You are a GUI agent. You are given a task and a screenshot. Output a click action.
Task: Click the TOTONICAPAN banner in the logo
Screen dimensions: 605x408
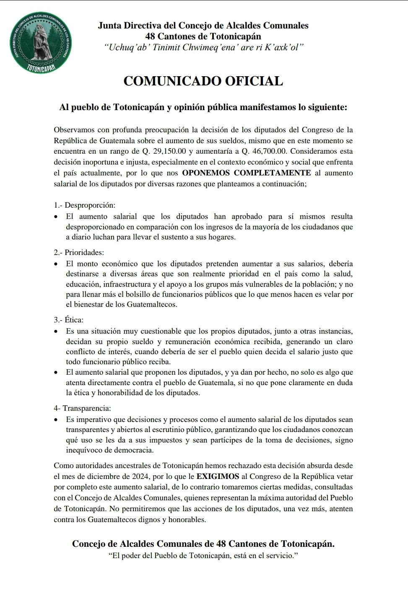41,67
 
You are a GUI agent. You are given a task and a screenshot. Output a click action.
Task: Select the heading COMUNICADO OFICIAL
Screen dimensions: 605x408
203,81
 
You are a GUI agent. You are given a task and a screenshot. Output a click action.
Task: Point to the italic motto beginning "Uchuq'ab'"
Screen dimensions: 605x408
203,47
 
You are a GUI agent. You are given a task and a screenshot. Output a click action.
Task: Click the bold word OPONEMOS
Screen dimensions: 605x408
206,173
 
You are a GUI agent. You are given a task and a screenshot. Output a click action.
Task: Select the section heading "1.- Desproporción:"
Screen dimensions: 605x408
84,205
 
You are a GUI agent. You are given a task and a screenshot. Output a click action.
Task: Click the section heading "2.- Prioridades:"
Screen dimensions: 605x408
79,252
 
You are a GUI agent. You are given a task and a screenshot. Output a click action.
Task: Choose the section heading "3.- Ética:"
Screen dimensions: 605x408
68,320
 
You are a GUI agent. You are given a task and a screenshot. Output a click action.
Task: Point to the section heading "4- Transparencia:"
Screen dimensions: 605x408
82,408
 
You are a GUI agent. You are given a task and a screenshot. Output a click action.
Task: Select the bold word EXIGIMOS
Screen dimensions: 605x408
218,476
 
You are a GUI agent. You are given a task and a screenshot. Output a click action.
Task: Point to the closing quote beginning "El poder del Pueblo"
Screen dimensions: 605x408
203,556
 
